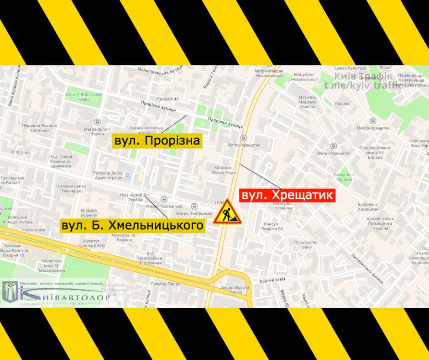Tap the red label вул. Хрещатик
pos(288,196)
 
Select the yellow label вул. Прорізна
pos(157,141)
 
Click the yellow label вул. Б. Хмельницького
pos(132,226)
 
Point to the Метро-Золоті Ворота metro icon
pos(97,122)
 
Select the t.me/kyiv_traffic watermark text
pos(363,85)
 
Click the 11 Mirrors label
pos(20,152)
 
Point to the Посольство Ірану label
pos(305,245)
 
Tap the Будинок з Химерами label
pos(368,206)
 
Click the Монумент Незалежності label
pos(306,77)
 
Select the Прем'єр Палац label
pos(161,284)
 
